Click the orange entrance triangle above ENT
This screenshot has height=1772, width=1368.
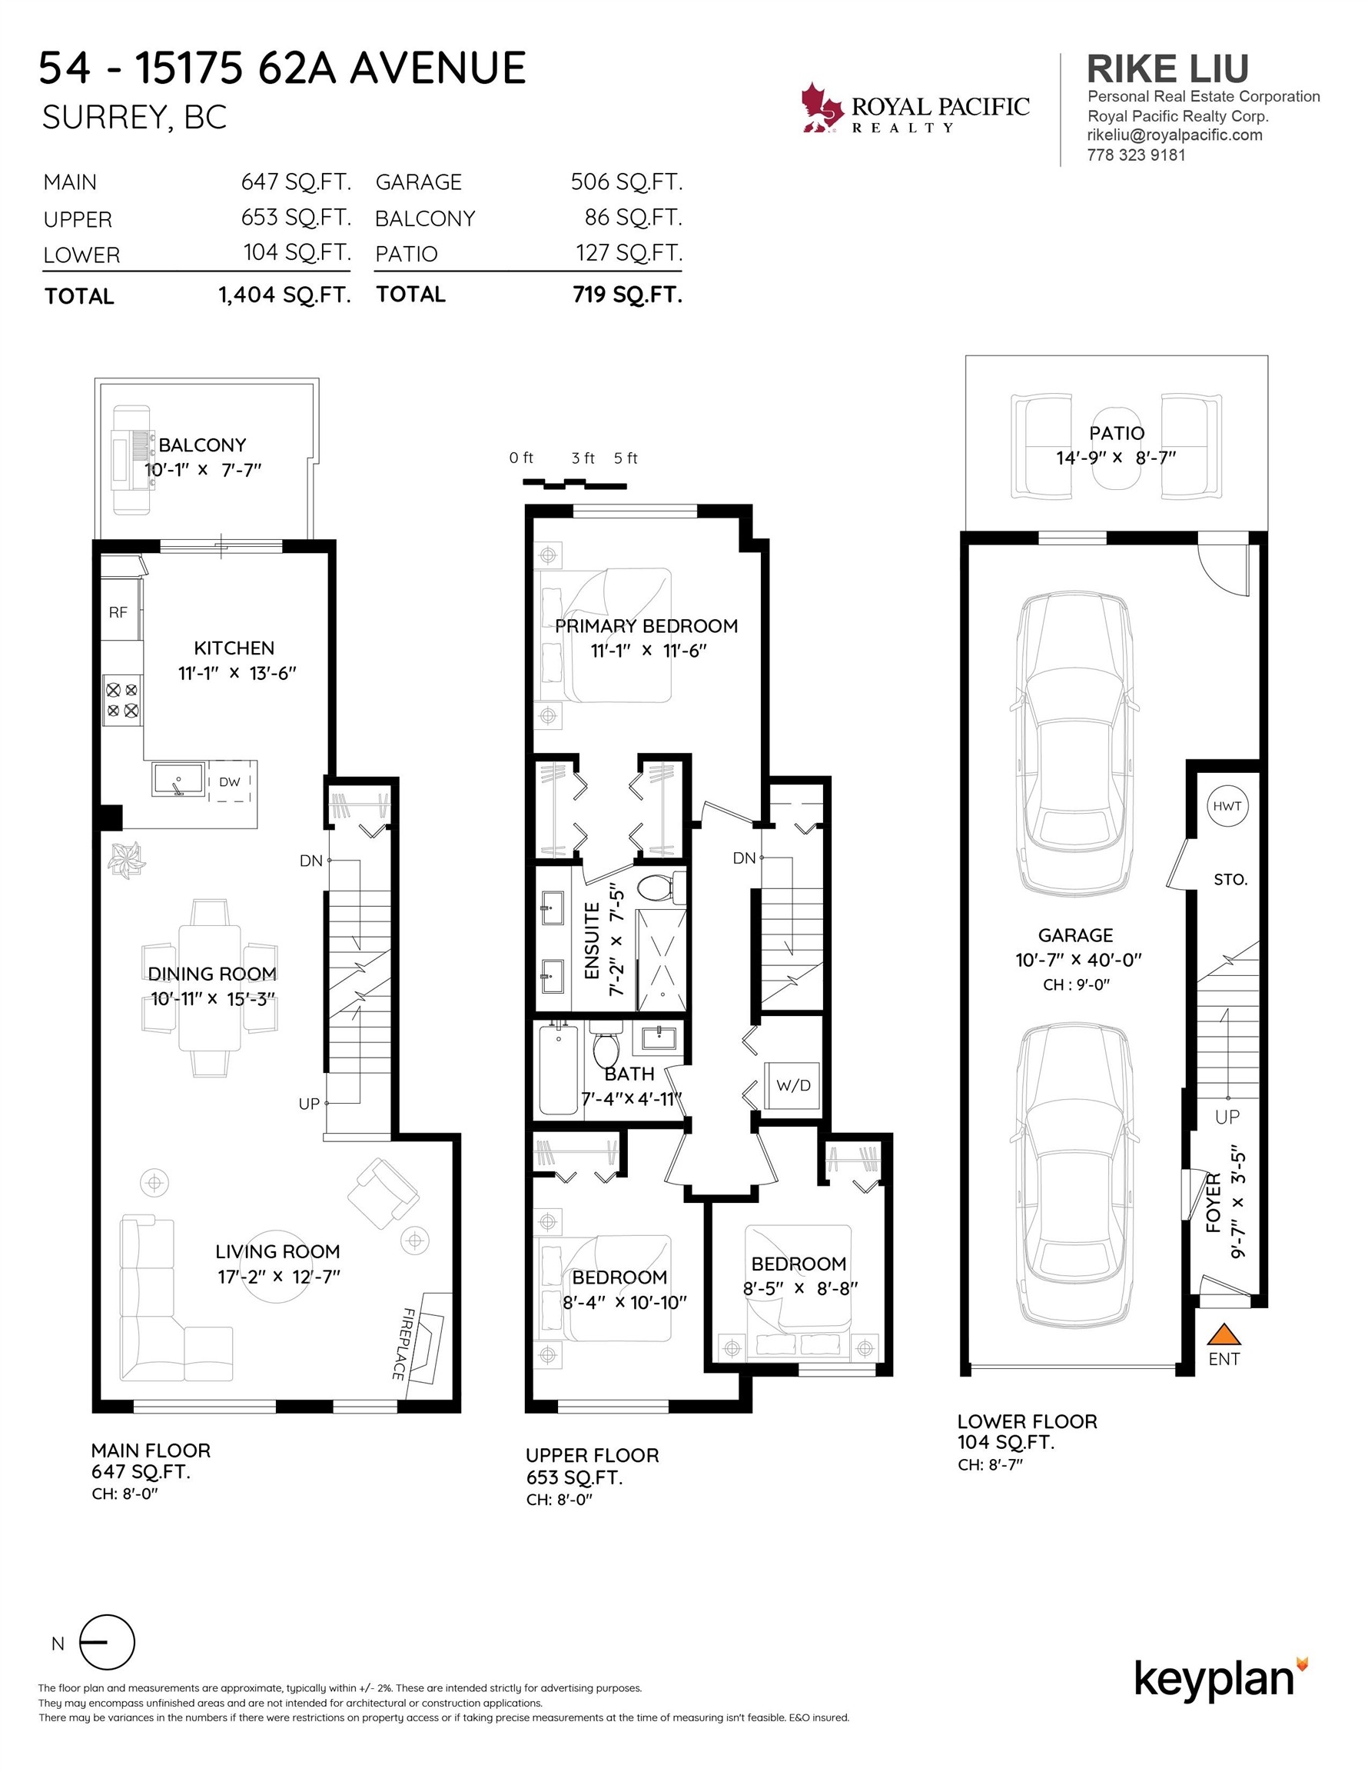1224,1334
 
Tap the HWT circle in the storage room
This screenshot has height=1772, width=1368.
1227,806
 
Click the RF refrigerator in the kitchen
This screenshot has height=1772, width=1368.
119,611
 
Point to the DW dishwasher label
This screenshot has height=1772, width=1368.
230,782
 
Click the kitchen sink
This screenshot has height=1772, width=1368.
178,780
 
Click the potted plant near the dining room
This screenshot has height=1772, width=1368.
127,860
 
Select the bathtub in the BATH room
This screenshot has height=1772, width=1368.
559,1071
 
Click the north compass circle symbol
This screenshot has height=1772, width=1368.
107,1642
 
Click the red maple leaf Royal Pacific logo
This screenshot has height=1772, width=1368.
822,107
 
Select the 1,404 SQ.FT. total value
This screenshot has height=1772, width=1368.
284,295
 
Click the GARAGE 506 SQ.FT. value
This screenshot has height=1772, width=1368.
627,182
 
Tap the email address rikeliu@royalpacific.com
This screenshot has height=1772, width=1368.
1175,135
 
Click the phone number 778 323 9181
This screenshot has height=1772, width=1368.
1136,155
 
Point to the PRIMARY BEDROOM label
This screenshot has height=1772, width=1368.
646,625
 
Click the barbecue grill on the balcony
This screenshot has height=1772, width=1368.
131,459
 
